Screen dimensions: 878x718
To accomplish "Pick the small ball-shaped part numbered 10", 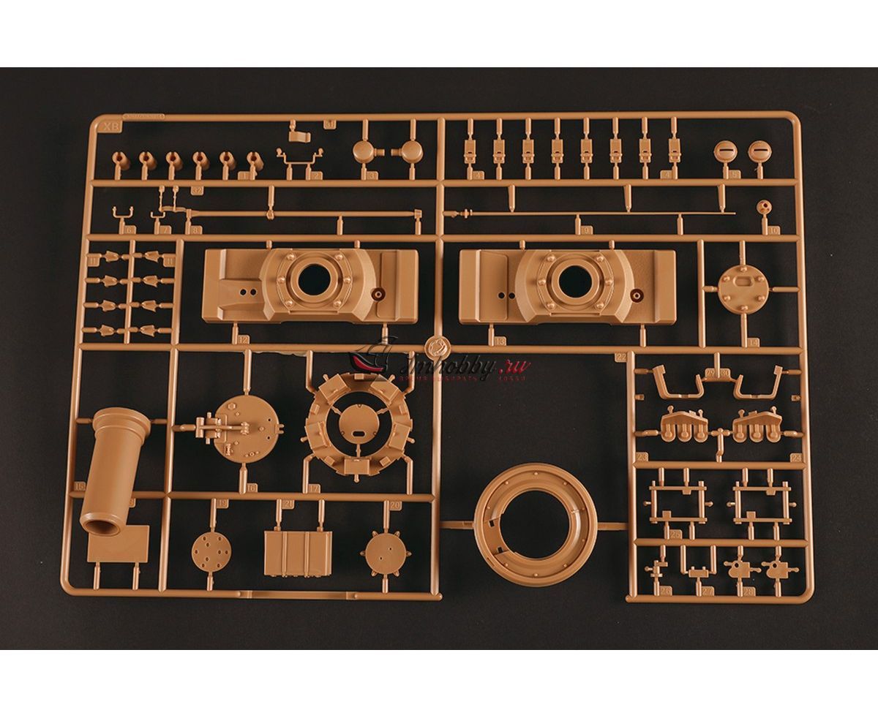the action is click(765, 207).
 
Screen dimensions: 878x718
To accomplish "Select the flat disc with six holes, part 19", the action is click(211, 551).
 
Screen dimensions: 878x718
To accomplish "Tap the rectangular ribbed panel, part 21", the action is click(298, 553).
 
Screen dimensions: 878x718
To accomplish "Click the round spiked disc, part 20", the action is click(386, 551).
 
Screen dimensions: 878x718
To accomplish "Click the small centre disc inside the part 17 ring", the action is click(359, 423).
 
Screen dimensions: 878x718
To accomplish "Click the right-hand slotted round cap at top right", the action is click(760, 151).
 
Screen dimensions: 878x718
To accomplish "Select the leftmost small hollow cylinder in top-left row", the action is click(121, 160).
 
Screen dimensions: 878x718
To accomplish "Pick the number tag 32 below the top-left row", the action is click(196, 189).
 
